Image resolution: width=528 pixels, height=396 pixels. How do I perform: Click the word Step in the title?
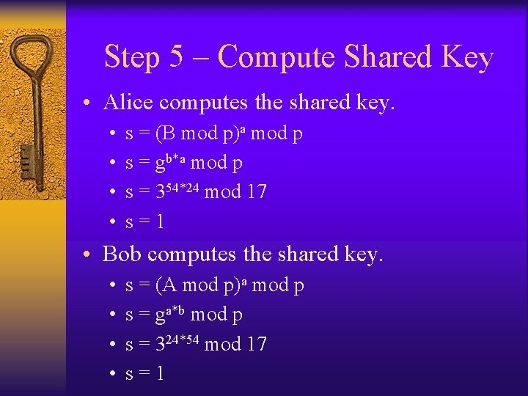(133, 57)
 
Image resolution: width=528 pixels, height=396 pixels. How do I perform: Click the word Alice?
(128, 102)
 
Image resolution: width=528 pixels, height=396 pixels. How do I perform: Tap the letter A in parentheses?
(168, 285)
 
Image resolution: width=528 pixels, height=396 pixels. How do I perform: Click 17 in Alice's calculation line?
(255, 192)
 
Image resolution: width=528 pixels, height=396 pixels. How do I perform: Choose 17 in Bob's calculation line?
(255, 344)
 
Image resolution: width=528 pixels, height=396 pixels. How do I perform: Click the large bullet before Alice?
(87, 103)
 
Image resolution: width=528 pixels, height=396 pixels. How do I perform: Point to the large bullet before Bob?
(87, 254)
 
